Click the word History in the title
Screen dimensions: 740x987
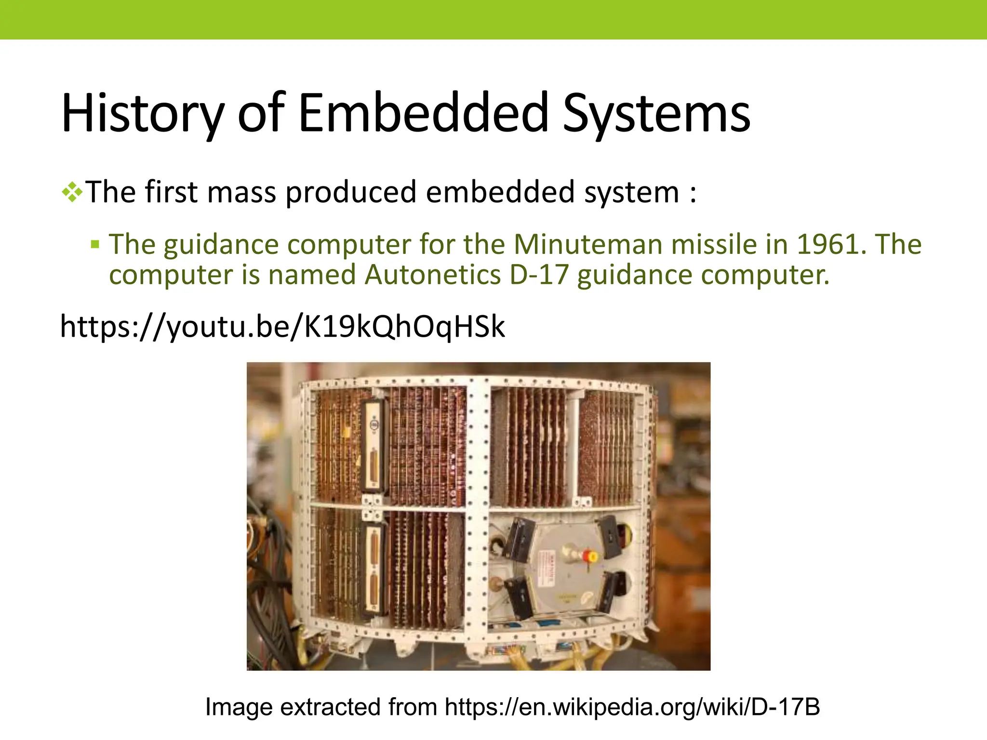143,114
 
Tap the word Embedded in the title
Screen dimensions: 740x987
423,114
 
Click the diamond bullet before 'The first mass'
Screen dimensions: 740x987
72,193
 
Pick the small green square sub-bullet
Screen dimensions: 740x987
95,244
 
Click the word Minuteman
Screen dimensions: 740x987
588,244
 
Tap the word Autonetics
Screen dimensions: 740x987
432,275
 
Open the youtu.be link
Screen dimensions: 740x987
282,327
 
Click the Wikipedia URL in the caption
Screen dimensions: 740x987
632,707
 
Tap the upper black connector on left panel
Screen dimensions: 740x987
373,446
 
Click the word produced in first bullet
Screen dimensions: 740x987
350,192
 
